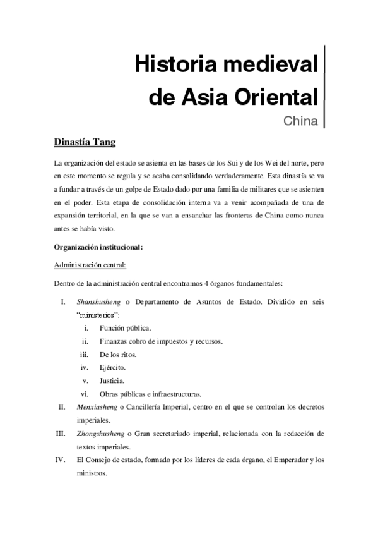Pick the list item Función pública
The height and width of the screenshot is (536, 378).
(125, 328)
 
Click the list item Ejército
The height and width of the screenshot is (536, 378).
(112, 367)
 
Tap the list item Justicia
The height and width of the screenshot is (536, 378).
(112, 381)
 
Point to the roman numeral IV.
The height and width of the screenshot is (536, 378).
(61, 460)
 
